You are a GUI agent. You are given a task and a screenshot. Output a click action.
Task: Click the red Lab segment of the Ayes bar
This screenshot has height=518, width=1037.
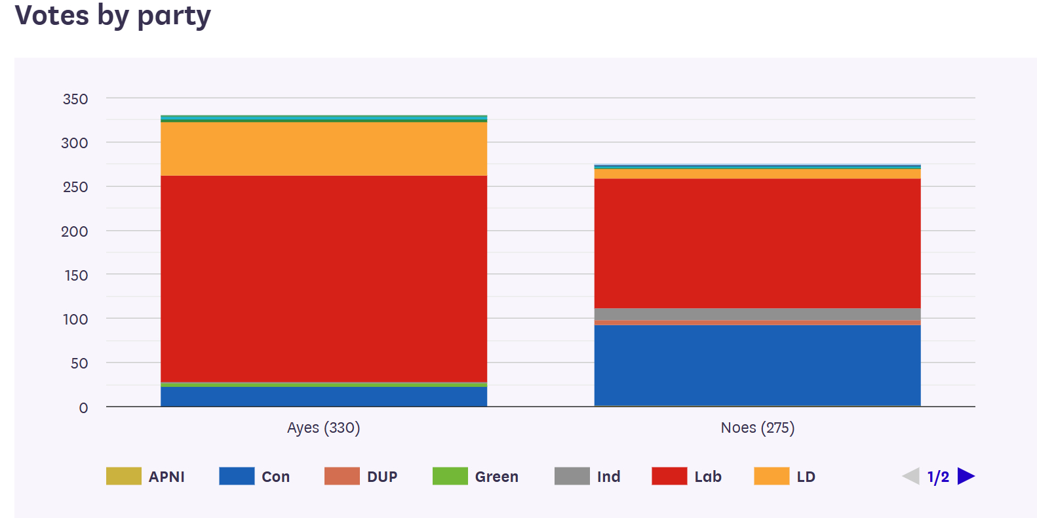tap(324, 279)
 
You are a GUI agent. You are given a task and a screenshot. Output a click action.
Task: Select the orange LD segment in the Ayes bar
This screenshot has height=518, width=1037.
tap(324, 149)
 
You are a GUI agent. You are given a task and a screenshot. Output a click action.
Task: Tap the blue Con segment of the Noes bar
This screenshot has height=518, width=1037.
tap(757, 365)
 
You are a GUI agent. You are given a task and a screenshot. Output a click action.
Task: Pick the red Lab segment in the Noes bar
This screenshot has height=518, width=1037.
tap(757, 243)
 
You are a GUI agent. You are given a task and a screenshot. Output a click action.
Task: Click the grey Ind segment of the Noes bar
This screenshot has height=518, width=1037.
tap(757, 314)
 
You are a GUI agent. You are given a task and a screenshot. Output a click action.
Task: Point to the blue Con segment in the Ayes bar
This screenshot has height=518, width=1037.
tap(324, 397)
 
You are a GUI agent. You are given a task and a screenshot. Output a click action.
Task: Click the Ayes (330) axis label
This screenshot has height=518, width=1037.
tap(324, 428)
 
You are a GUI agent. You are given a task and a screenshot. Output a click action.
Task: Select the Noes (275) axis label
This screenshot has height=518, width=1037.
tap(757, 428)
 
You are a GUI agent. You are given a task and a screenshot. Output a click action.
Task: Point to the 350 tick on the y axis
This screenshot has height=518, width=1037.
tap(75, 99)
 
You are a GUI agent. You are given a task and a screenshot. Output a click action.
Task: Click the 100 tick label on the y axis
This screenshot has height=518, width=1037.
tap(75, 319)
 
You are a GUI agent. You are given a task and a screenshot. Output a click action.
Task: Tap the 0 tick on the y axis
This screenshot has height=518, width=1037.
tap(83, 408)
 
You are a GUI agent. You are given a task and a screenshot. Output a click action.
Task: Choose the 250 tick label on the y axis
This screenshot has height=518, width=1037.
tap(75, 188)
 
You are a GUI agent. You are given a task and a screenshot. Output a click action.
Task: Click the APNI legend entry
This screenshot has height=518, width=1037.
tap(146, 477)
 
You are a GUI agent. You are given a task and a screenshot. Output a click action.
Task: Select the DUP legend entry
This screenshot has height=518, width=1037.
tap(361, 477)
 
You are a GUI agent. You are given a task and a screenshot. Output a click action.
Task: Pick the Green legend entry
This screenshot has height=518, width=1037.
tap(475, 477)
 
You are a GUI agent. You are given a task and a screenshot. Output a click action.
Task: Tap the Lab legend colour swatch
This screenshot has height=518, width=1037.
tap(669, 476)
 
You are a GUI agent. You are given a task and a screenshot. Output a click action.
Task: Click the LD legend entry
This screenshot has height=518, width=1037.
tap(785, 477)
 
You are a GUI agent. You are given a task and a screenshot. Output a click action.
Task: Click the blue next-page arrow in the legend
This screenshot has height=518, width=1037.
tap(966, 476)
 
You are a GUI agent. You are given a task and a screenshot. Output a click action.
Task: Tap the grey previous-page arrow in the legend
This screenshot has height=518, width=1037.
tap(911, 476)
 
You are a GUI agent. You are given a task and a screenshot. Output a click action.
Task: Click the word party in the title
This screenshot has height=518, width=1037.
tap(174, 16)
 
